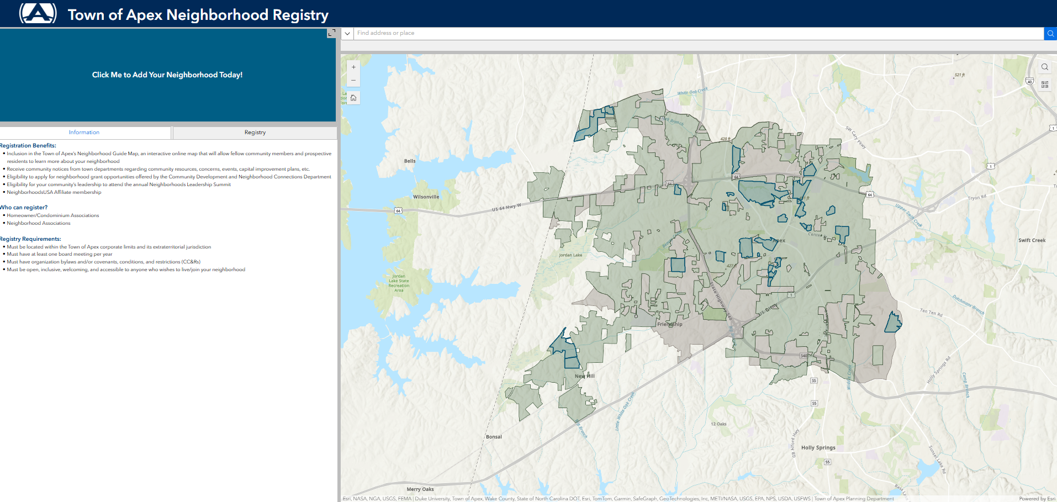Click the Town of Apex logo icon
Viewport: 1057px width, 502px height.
coord(38,13)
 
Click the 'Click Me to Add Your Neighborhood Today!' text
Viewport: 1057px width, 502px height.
coord(167,75)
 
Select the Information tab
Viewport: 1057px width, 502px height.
coord(84,133)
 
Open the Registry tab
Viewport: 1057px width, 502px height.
coord(255,133)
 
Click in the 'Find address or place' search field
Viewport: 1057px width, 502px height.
coord(696,33)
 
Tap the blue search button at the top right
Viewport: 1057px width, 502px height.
coord(1050,34)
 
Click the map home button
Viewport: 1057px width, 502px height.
coord(353,98)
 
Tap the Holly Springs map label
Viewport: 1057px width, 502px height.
coord(818,448)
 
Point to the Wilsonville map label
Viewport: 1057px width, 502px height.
coord(426,197)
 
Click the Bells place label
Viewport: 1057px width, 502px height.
coord(410,161)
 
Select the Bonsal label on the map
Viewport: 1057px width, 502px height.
coord(494,437)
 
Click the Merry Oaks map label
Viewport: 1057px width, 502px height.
coord(420,489)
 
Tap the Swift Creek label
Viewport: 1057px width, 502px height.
coord(1032,241)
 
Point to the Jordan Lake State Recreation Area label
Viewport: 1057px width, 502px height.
coord(399,283)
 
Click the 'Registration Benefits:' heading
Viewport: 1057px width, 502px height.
coord(28,146)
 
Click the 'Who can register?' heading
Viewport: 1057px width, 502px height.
coord(24,208)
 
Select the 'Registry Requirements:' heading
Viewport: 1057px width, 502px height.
coord(31,239)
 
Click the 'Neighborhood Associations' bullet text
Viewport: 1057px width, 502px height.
coord(39,224)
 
